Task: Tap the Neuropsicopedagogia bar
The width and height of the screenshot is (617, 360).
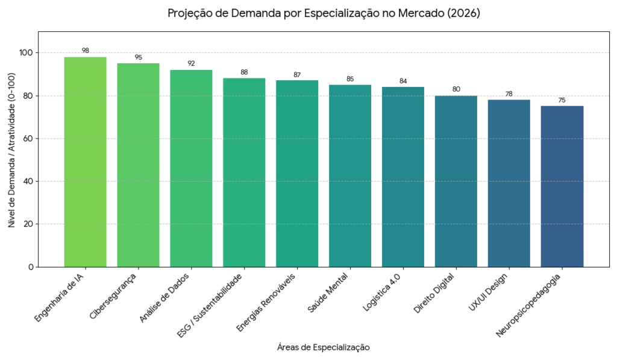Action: click(562, 186)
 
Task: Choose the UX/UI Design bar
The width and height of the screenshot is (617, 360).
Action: click(509, 183)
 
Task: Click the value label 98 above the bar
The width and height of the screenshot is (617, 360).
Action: click(85, 51)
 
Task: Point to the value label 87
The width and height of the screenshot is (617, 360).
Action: click(297, 74)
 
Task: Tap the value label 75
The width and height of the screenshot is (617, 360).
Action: click(562, 100)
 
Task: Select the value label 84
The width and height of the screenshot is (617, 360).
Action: click(403, 81)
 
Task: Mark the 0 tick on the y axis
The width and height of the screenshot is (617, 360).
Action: click(30, 267)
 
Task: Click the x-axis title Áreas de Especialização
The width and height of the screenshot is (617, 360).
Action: click(324, 347)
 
